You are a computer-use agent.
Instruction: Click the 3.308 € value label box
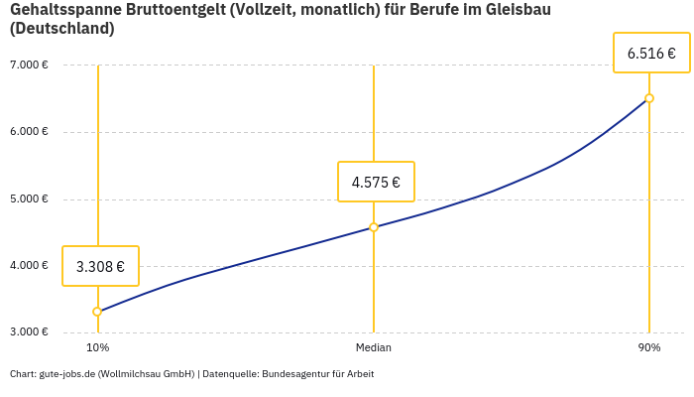point(100,266)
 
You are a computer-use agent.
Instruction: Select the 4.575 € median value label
point(376,182)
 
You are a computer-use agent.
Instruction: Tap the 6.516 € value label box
point(651,53)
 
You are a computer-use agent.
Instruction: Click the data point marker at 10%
point(97,312)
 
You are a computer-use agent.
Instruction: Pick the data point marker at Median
point(374,227)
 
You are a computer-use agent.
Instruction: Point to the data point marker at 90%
point(649,98)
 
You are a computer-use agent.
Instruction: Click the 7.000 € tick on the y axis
point(29,66)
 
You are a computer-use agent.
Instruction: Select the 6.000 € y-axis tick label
point(29,132)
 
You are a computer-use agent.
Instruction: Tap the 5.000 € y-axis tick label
point(29,198)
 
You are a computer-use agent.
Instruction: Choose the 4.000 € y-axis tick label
point(29,265)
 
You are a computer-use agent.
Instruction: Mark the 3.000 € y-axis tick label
point(29,331)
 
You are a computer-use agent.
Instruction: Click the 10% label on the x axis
point(97,348)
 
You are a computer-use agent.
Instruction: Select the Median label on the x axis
point(374,348)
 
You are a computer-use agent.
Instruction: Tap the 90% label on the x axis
point(649,348)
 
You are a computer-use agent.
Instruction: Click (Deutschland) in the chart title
point(61,29)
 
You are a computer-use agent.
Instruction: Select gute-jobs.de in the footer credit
point(66,374)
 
